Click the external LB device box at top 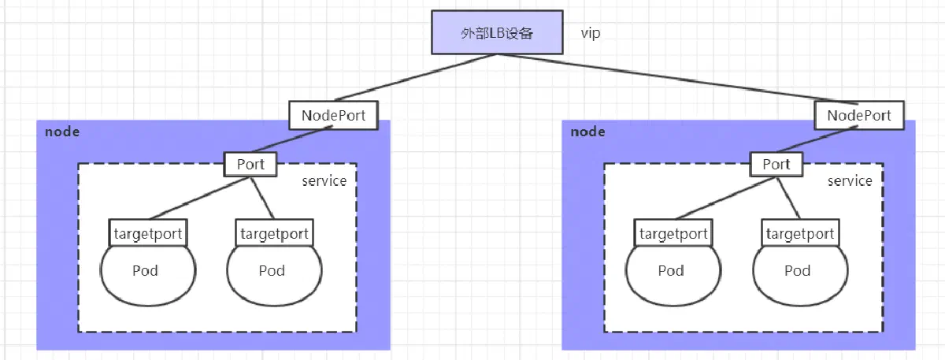[497, 32]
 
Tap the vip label [590, 33]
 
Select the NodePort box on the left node [333, 115]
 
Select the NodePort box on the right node [859, 115]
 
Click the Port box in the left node [250, 164]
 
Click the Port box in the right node [776, 164]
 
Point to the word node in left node [62, 132]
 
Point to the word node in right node [587, 132]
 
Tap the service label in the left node [324, 181]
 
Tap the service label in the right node [850, 181]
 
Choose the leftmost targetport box [148, 233]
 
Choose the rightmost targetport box [800, 233]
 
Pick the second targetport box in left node [274, 233]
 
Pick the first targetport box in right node [673, 233]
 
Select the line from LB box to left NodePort [416, 78]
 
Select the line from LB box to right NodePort [677, 79]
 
